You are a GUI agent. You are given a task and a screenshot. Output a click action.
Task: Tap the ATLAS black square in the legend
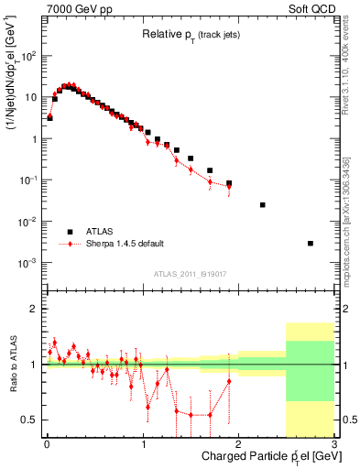coord(70,232)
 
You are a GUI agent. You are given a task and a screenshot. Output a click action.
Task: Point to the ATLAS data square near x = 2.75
coord(311,243)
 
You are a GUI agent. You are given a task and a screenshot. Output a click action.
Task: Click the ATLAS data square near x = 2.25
coord(263,205)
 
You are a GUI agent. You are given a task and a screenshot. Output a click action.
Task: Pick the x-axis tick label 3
coord(334,444)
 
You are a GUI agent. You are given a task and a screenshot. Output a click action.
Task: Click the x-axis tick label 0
coord(47,444)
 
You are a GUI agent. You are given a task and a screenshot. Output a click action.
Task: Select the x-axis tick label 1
coord(143,444)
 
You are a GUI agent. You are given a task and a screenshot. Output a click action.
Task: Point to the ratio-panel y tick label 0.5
coord(30,420)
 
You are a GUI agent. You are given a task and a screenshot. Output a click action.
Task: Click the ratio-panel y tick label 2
coord(34,309)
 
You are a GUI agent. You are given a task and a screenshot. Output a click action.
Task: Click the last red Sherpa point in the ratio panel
coord(229,381)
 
